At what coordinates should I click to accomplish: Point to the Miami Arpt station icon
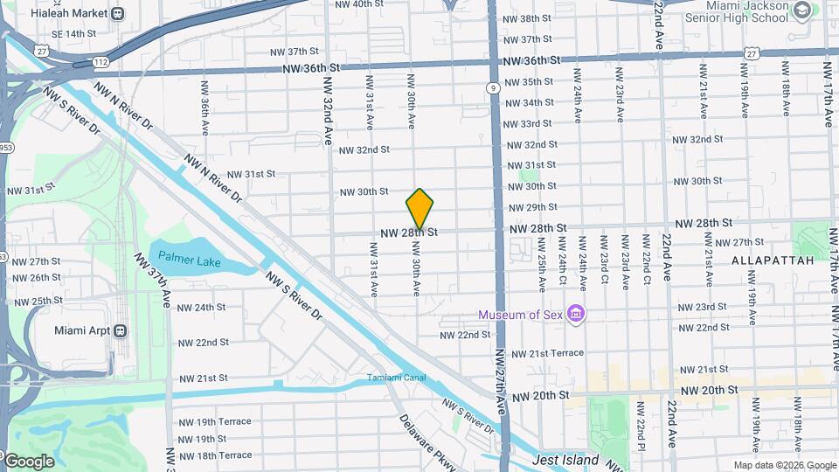point(120,331)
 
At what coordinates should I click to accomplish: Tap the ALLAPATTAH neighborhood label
point(772,260)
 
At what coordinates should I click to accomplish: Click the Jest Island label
point(565,460)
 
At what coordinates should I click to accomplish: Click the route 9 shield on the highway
point(494,87)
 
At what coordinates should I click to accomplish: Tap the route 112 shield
point(101,62)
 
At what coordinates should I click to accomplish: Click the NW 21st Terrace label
point(547,353)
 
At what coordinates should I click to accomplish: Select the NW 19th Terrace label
point(214,421)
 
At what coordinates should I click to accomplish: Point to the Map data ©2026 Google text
point(785,466)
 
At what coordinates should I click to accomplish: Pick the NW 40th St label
point(359,4)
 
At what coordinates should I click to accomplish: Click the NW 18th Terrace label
point(214,455)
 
